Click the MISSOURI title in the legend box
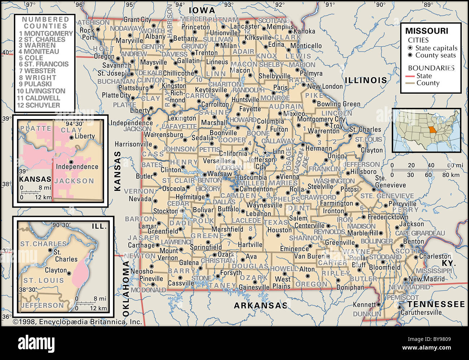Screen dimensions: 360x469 coord(426,31)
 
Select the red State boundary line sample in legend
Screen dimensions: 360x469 coord(410,76)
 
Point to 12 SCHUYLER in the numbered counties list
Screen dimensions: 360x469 coord(38,105)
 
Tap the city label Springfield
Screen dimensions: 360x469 coord(206,247)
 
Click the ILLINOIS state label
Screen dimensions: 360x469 coord(366,80)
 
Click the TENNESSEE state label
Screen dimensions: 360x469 coord(436,304)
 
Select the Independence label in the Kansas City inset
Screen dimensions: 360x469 coord(77,167)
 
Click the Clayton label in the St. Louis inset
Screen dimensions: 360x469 coord(56,270)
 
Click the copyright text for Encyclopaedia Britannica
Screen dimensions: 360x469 coord(77,322)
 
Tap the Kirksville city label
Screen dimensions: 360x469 coord(258,37)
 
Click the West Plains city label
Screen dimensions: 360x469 coord(282,282)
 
